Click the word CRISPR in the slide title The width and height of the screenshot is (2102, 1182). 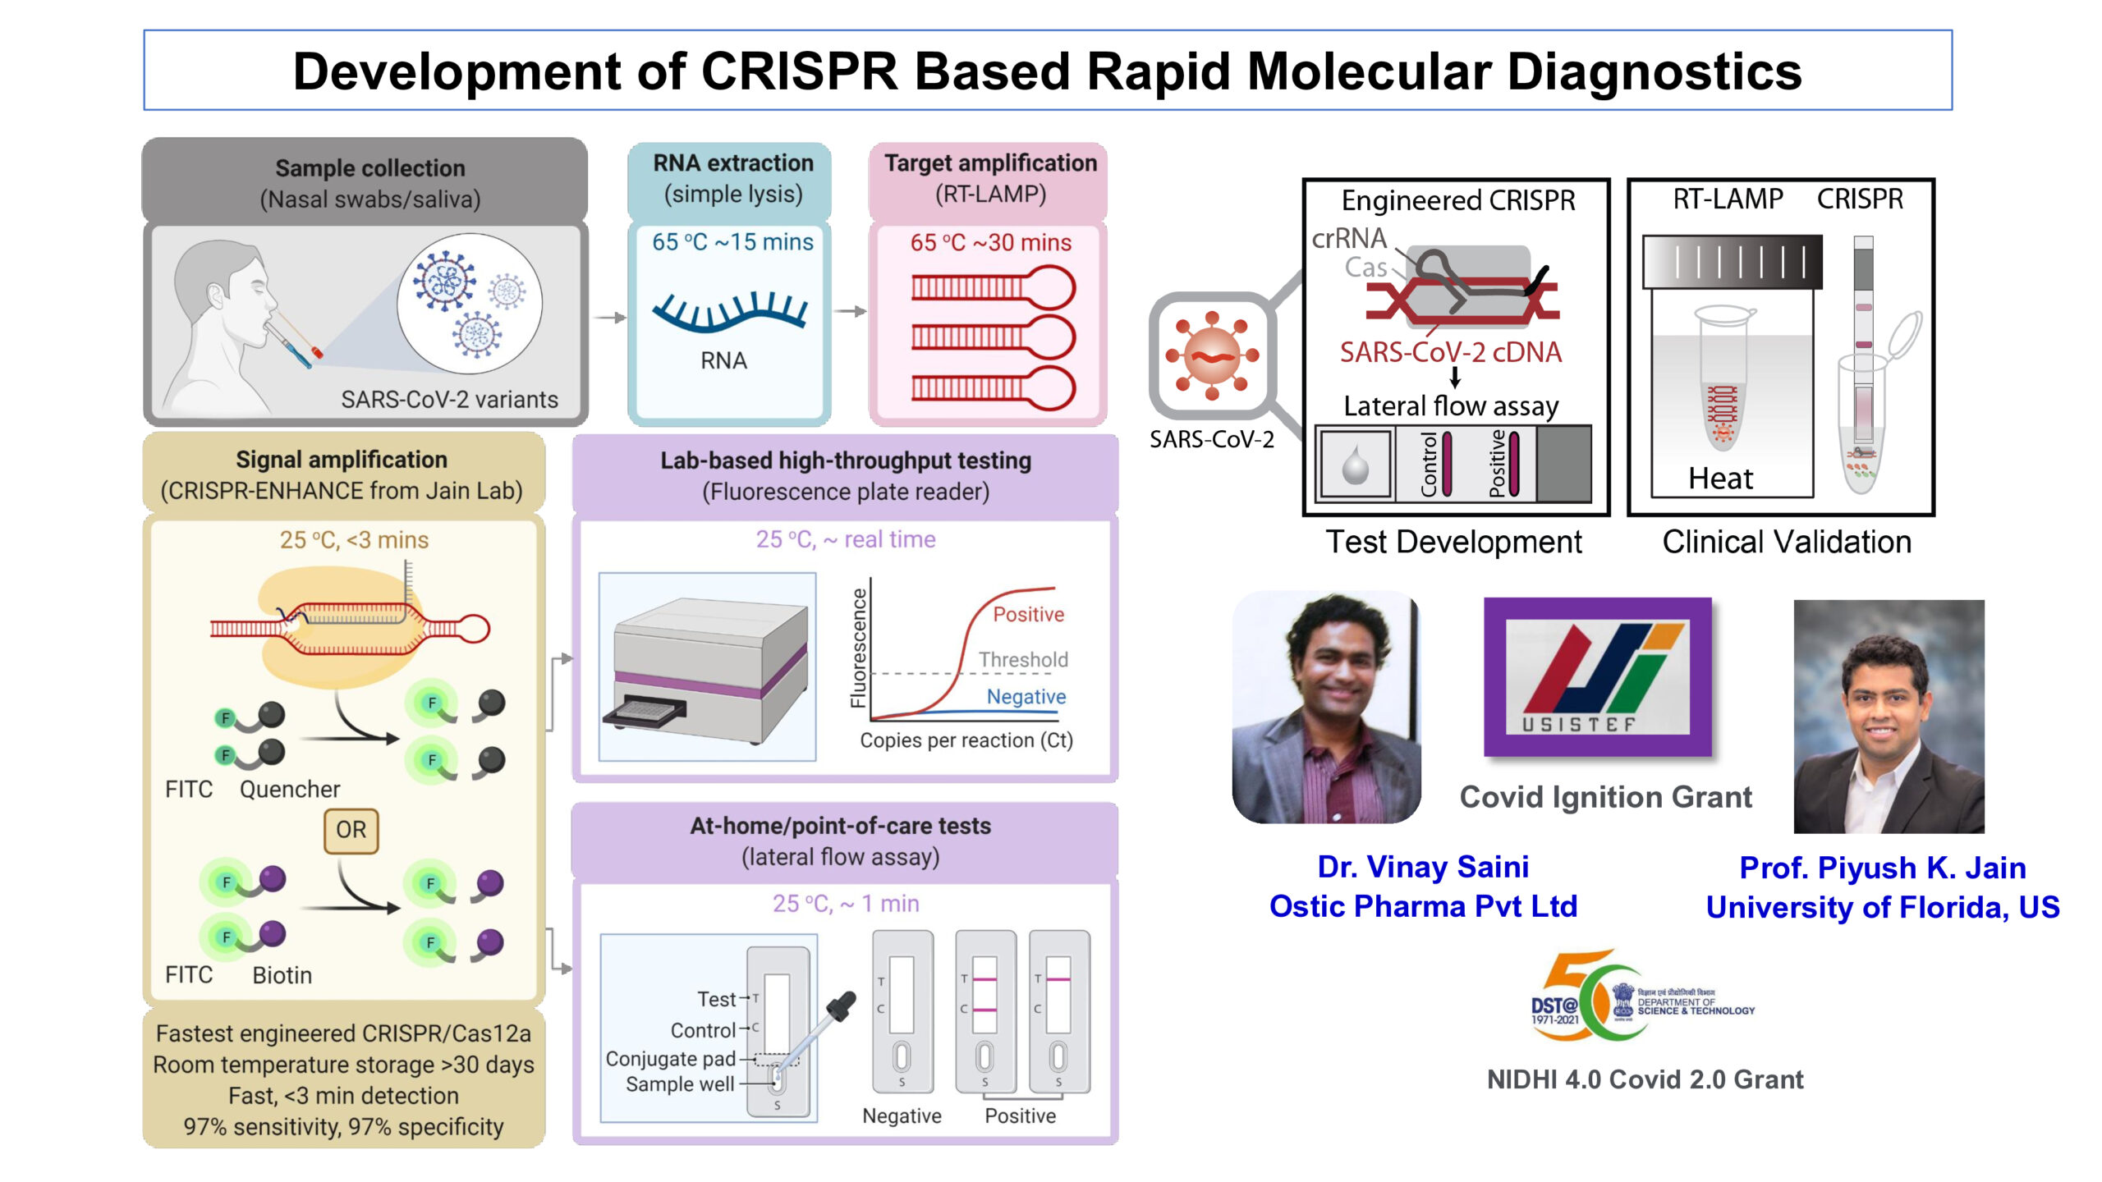(x=799, y=71)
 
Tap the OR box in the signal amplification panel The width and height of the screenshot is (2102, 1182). (x=351, y=830)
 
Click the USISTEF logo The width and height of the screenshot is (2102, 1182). (x=1597, y=677)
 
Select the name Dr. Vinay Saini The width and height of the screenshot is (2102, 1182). (x=1422, y=867)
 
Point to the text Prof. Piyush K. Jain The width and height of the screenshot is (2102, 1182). (x=1882, y=868)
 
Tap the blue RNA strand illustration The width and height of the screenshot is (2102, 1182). (x=729, y=313)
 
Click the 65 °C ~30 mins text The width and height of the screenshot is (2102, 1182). (x=990, y=243)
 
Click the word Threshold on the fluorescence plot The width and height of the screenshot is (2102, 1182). (x=1023, y=659)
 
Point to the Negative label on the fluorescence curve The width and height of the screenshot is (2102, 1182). (x=1026, y=696)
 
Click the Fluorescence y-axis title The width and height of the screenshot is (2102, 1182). (x=858, y=648)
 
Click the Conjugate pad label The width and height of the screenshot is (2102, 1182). (x=670, y=1059)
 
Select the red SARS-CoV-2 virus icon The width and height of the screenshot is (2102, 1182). (x=1212, y=355)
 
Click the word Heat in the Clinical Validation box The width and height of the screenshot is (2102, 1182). (x=1719, y=479)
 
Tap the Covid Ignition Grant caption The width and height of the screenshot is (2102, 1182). (x=1605, y=797)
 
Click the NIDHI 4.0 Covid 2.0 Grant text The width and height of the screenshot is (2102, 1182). (x=1645, y=1079)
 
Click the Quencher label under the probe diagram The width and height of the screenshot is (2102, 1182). (x=289, y=790)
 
